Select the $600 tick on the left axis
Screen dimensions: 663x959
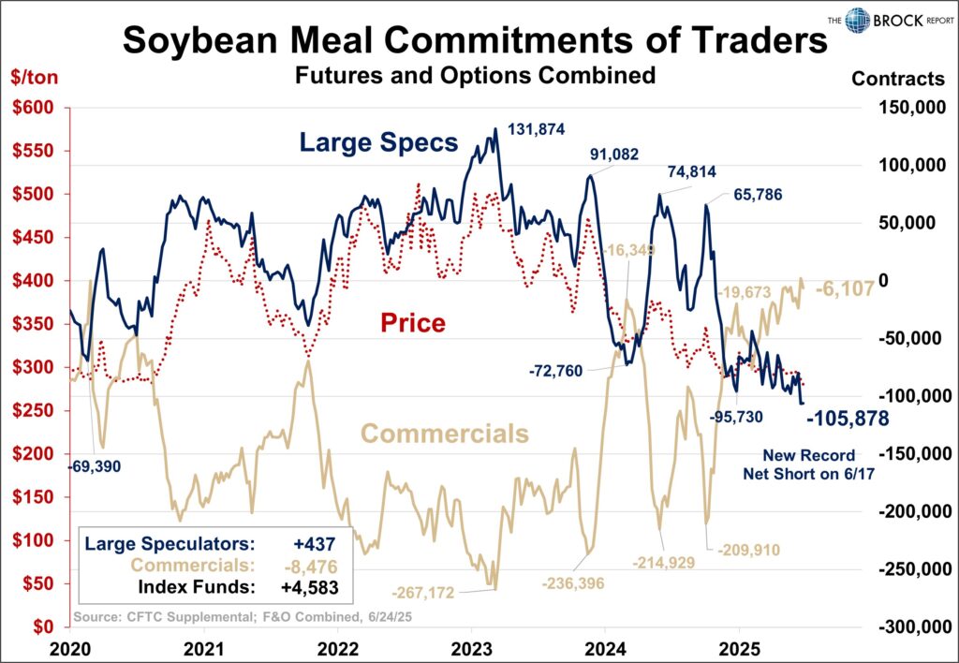click(x=35, y=108)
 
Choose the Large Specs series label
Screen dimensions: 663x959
click(x=378, y=143)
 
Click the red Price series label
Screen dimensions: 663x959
click(x=412, y=323)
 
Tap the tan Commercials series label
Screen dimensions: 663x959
click(x=445, y=435)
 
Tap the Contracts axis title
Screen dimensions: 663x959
click(x=898, y=79)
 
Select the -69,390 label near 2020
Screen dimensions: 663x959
click(x=94, y=465)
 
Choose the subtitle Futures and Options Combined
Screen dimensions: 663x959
click(x=475, y=76)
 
